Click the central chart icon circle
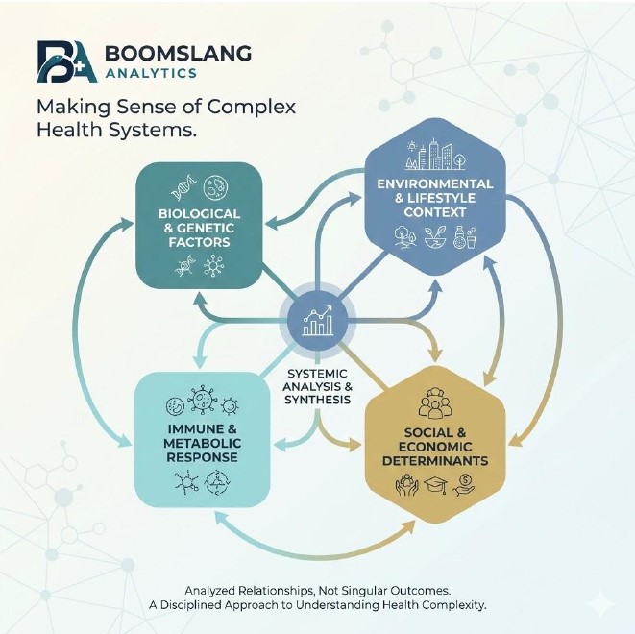tap(318, 318)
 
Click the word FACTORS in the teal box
tap(199, 244)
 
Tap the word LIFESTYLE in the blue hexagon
tap(452, 197)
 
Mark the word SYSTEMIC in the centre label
tap(318, 374)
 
